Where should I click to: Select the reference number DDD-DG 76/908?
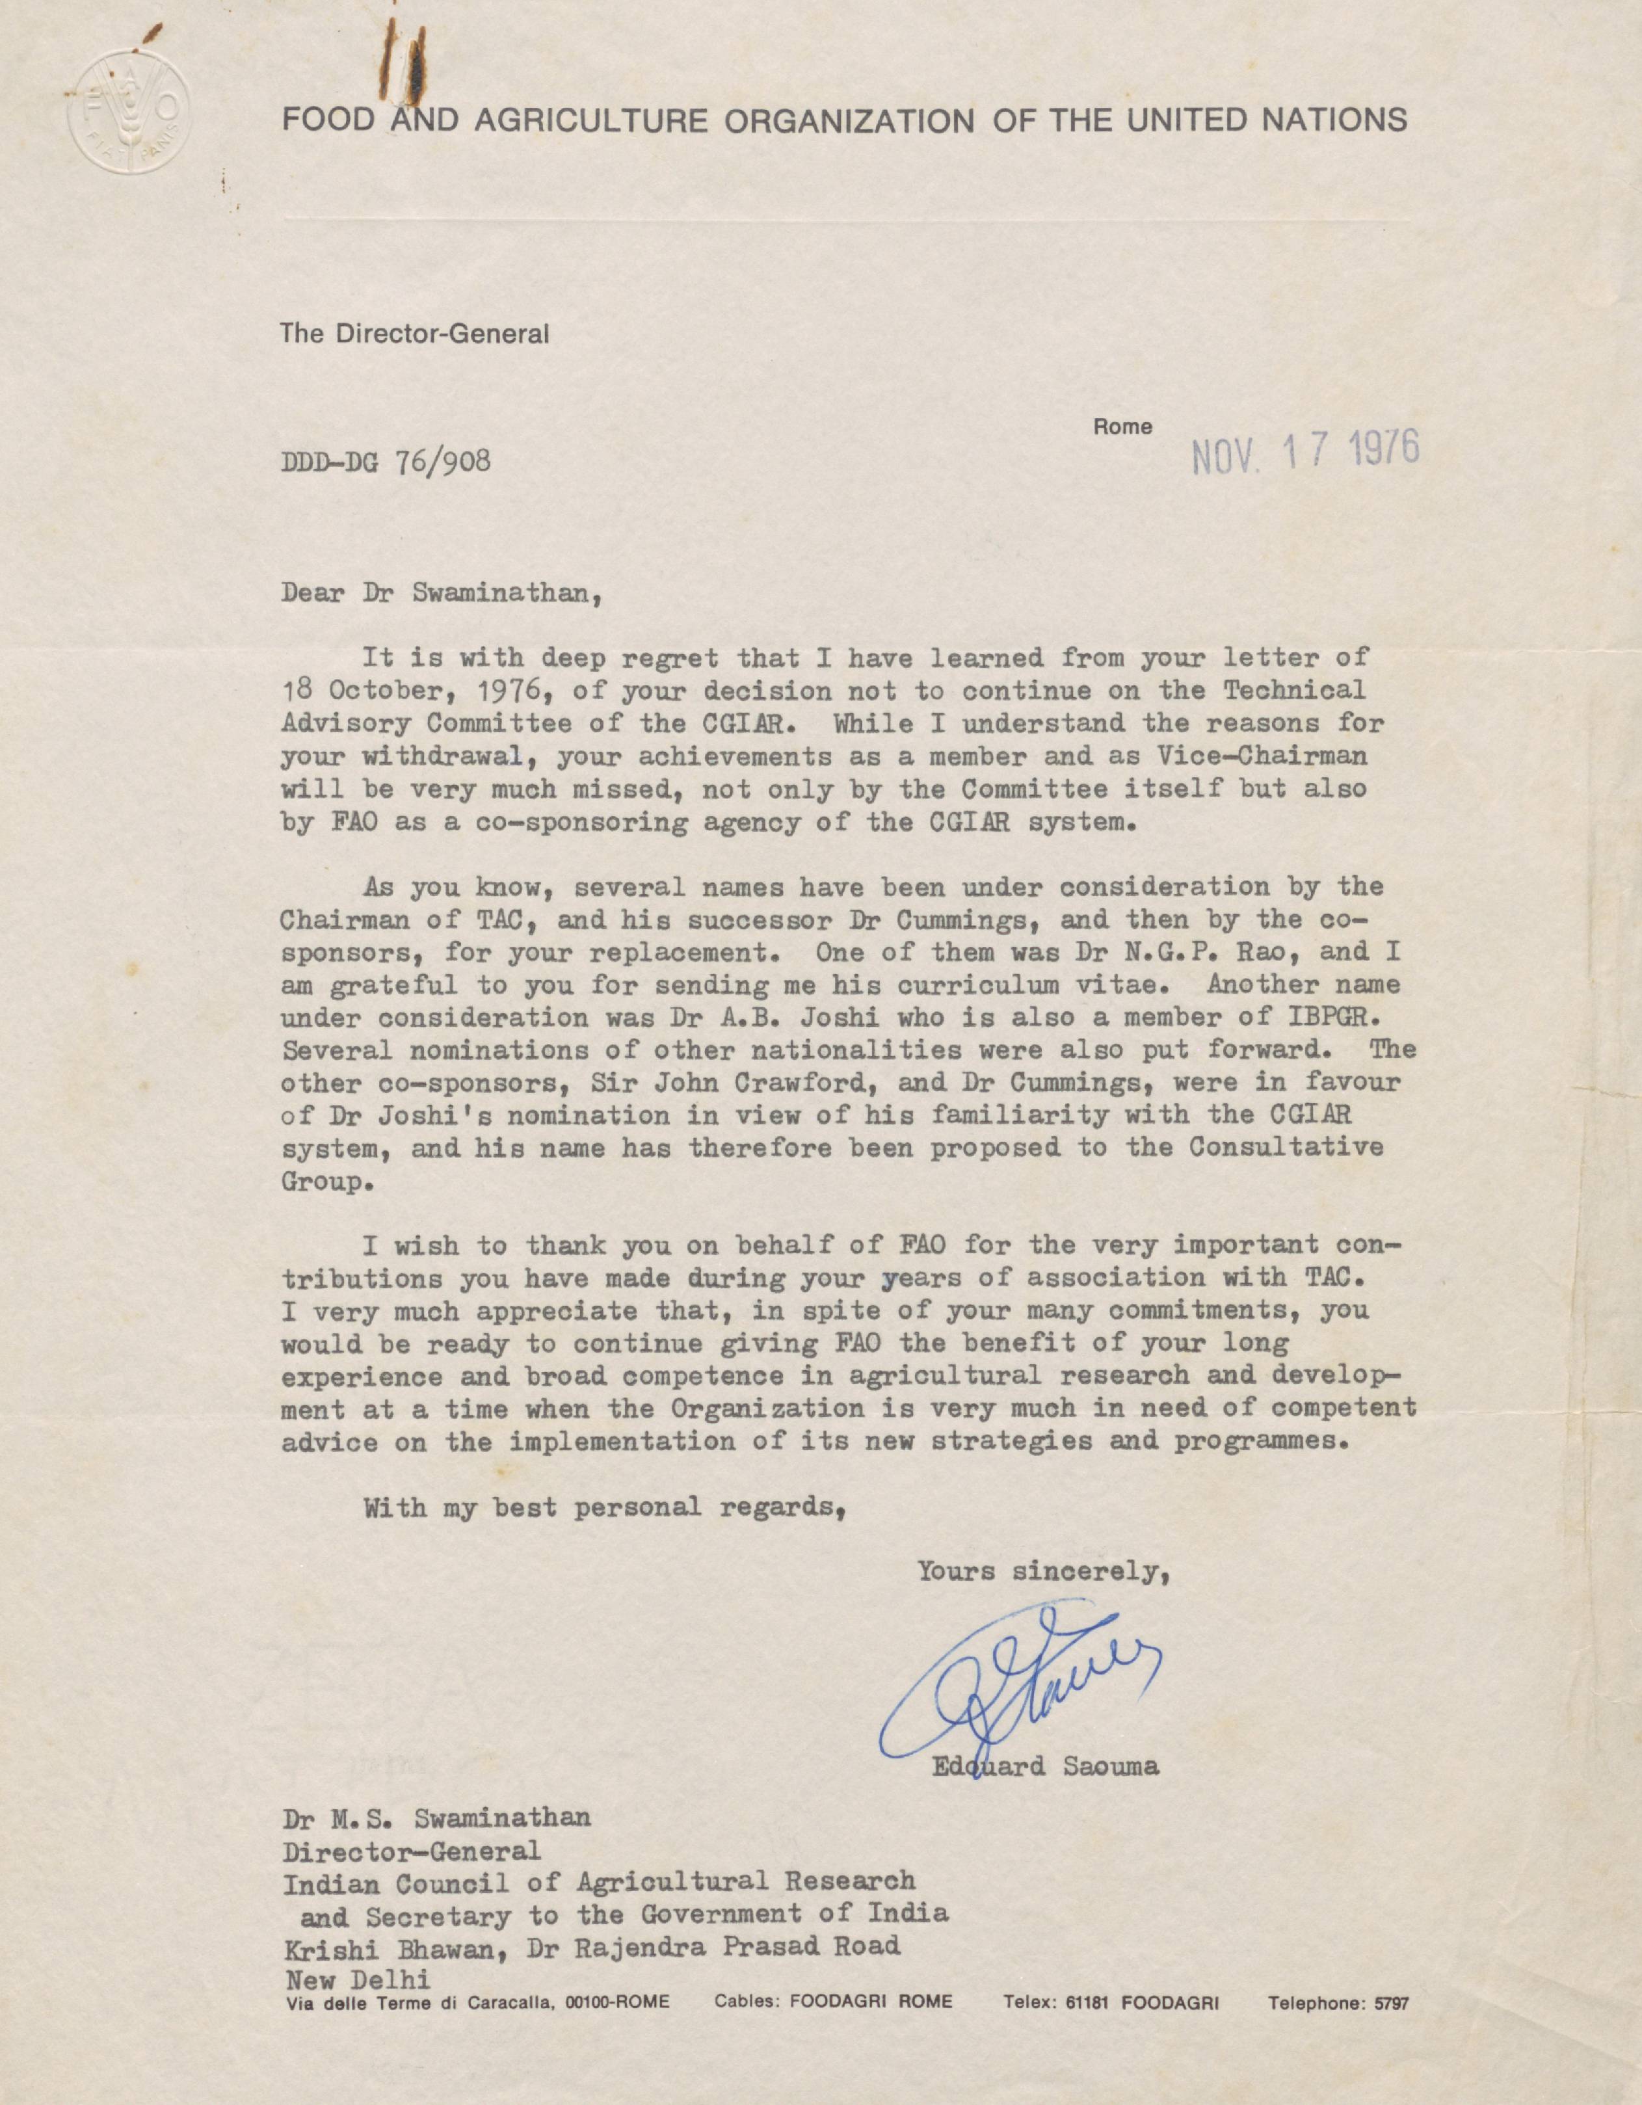point(386,462)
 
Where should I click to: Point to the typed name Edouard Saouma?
point(1044,1767)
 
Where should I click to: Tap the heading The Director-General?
point(414,334)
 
